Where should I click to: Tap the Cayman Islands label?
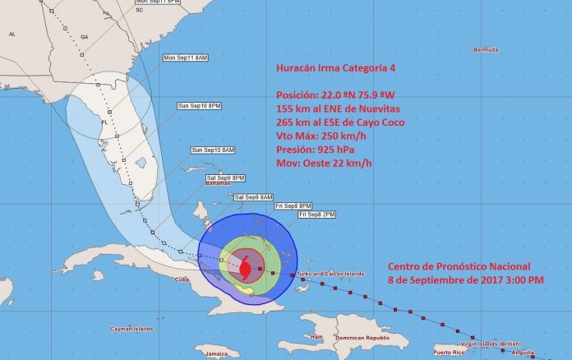pyautogui.click(x=131, y=329)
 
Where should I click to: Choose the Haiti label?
pyautogui.click(x=316, y=338)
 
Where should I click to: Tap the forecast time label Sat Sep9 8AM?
pyautogui.click(x=252, y=197)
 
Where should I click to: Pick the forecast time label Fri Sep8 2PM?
pyautogui.click(x=316, y=215)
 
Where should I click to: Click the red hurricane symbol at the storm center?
pyautogui.click(x=247, y=267)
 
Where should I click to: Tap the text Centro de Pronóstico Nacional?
pyautogui.click(x=459, y=266)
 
